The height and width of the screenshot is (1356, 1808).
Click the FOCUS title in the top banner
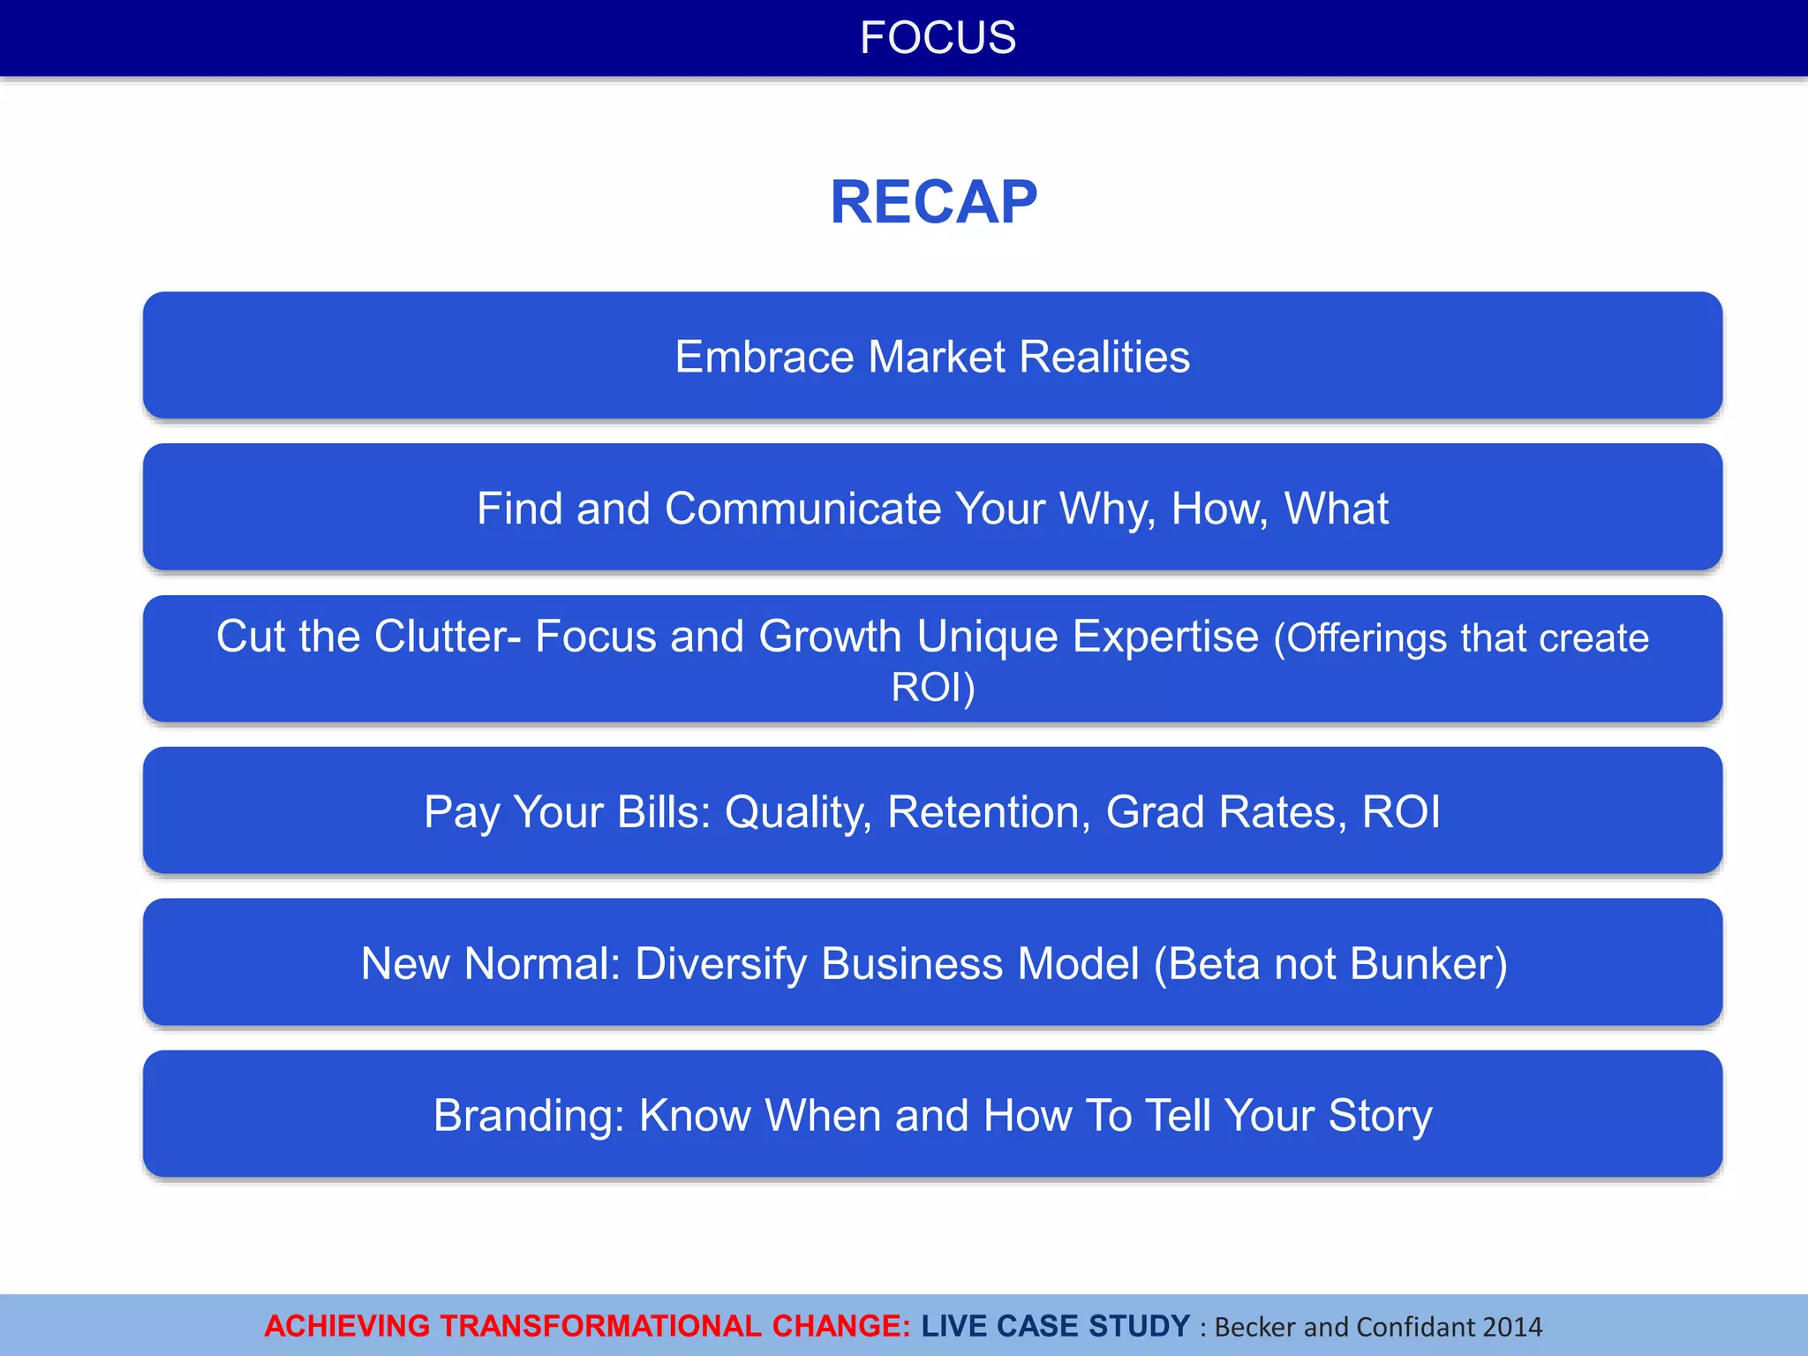tap(938, 38)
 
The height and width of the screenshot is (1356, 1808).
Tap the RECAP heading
tap(933, 202)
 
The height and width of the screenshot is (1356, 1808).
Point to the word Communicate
tap(803, 508)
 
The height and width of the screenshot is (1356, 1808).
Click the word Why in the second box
tap(1107, 508)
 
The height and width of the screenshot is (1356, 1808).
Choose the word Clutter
tap(441, 637)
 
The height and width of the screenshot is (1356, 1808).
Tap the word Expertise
tap(1165, 637)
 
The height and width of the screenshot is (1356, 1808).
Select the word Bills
tap(663, 812)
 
